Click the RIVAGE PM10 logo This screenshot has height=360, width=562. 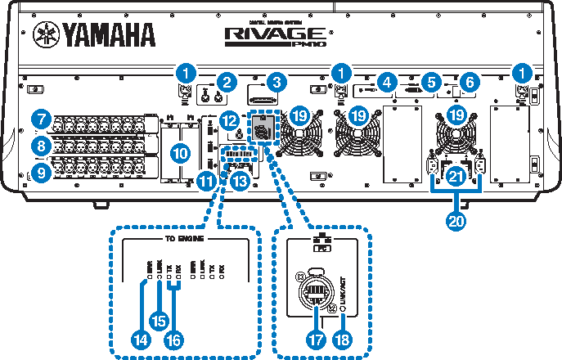coord(278,34)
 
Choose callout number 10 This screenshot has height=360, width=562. coord(180,152)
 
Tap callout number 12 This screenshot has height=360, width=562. coord(230,119)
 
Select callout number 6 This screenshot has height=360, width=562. coord(469,81)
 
